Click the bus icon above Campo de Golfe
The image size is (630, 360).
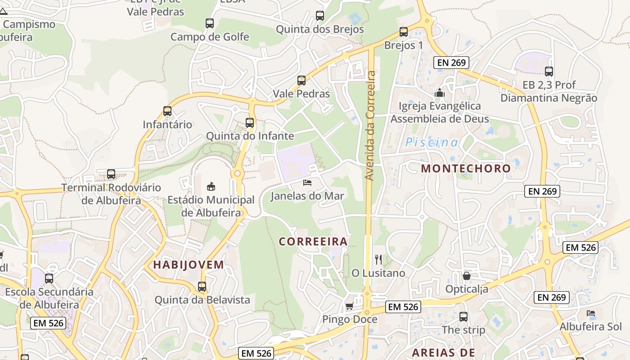[210, 23]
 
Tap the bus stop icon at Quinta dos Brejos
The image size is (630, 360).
[320, 16]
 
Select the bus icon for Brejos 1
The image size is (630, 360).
[404, 32]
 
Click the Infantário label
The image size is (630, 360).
[167, 124]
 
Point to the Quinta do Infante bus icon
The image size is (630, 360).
[250, 122]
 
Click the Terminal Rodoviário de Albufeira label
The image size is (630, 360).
[111, 194]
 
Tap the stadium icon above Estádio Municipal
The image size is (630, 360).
[211, 186]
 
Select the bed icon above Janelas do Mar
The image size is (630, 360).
[307, 183]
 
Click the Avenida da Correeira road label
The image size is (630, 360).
[370, 126]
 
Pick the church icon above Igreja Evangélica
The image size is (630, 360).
[440, 93]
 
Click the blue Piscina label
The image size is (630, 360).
[432, 143]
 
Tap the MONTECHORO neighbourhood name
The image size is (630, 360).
[466, 169]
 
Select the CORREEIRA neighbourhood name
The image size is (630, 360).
[313, 242]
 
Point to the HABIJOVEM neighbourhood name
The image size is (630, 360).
[189, 265]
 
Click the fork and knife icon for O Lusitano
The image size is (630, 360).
[378, 260]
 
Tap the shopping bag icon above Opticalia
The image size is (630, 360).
[467, 275]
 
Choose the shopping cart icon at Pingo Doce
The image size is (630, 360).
[349, 306]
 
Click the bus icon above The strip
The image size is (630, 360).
[463, 317]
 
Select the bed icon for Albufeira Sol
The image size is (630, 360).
[591, 313]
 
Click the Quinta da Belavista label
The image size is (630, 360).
[202, 300]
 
